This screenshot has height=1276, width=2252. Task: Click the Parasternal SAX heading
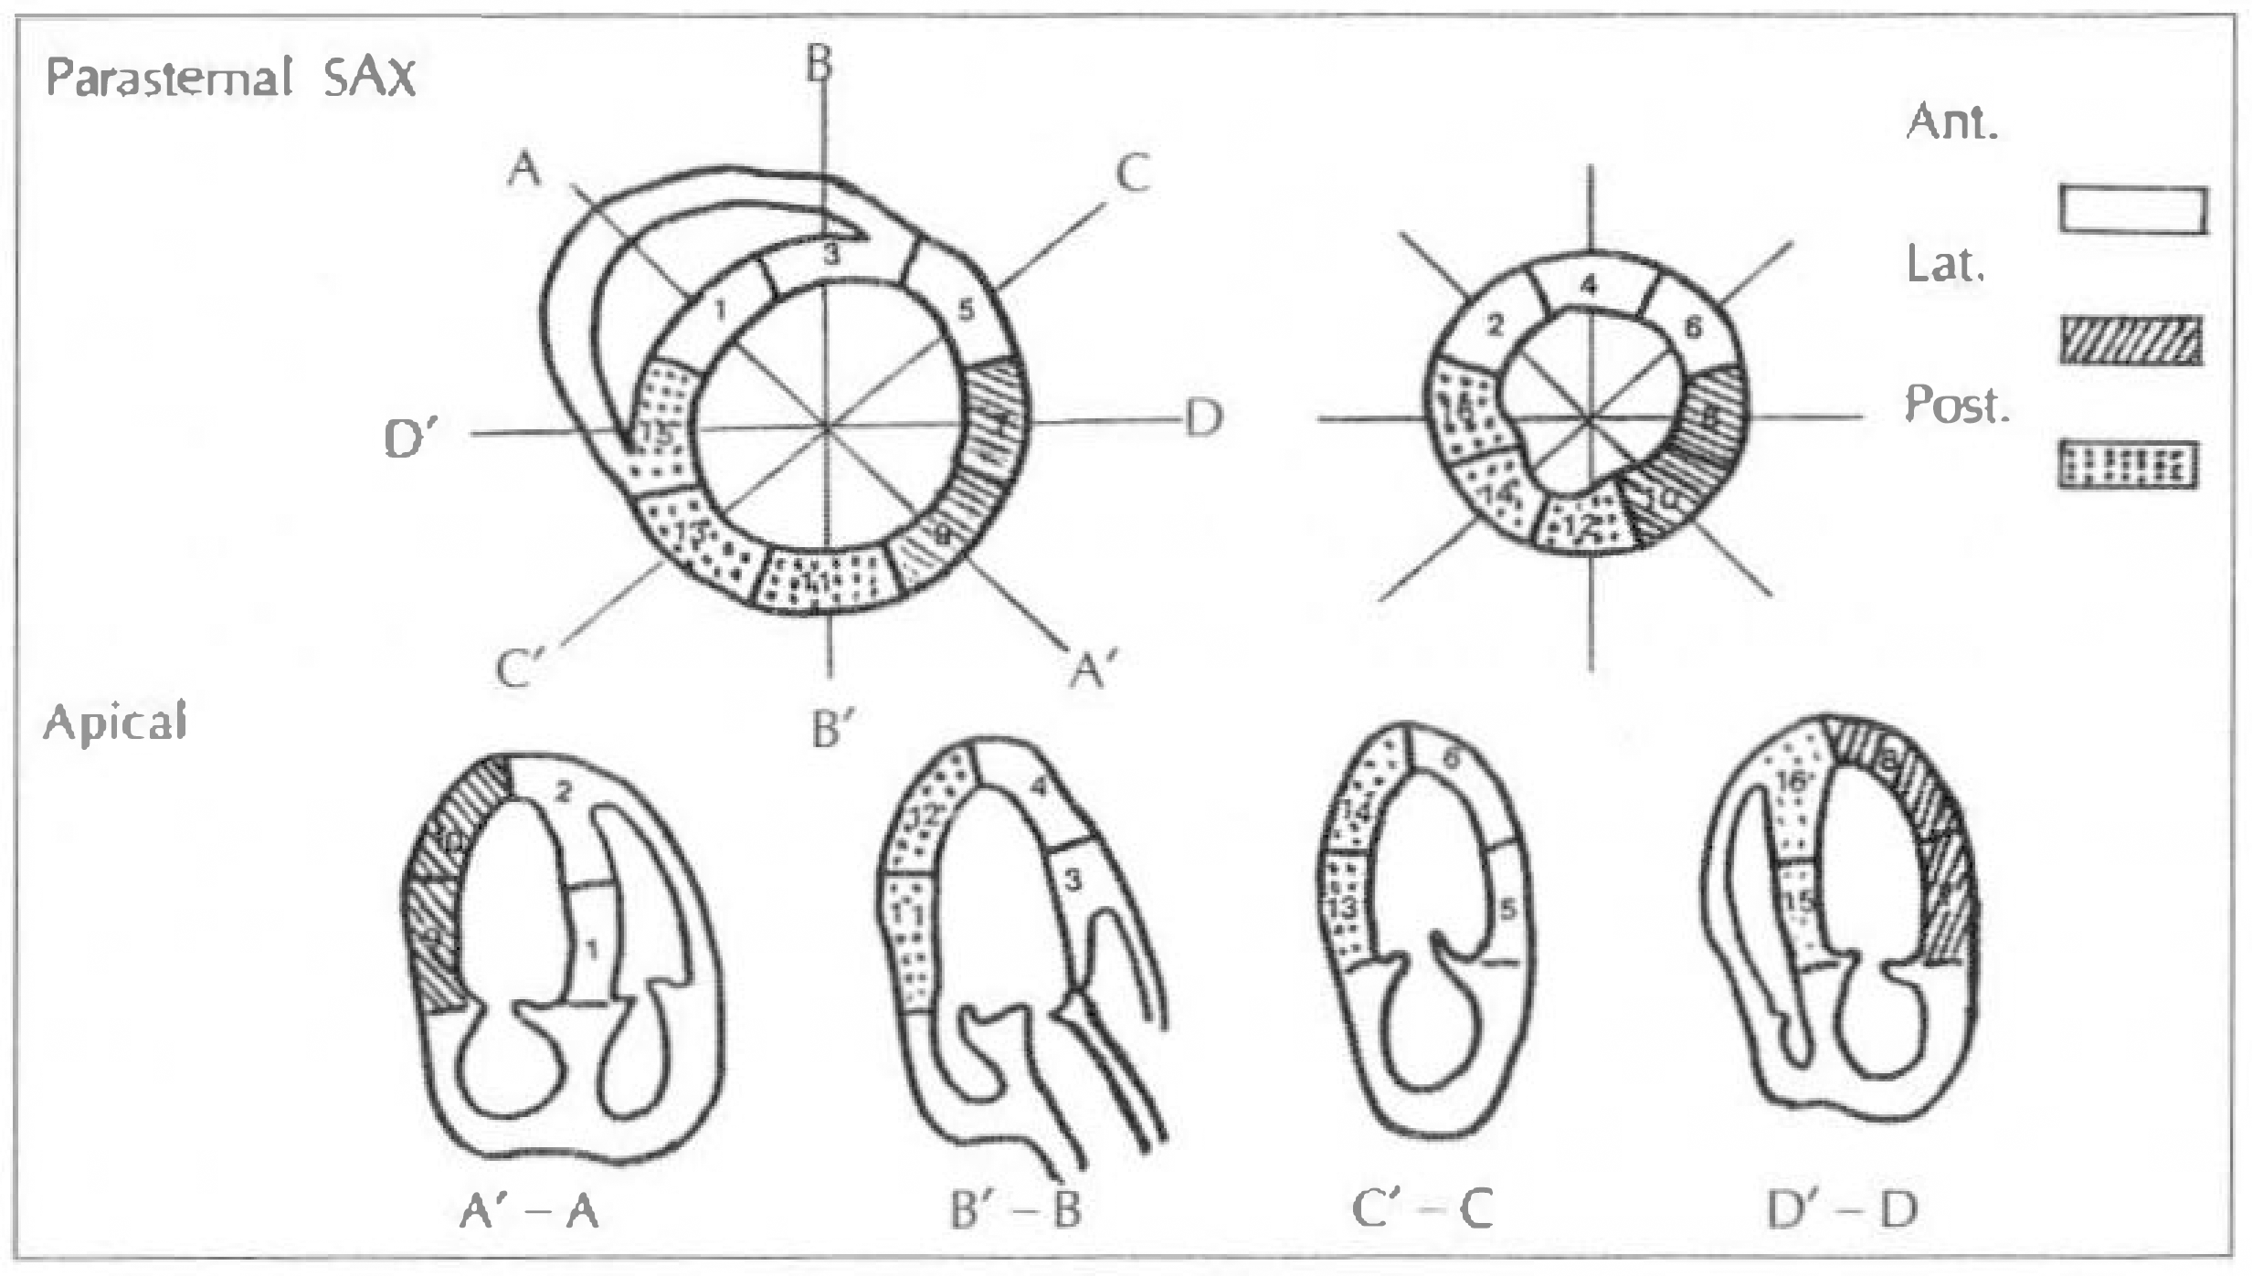click(x=230, y=77)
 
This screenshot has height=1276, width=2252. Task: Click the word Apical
click(x=115, y=723)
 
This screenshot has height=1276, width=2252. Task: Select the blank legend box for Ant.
click(x=2132, y=211)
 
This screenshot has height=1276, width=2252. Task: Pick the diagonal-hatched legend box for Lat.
click(x=2130, y=340)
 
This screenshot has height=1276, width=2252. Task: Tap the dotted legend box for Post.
click(x=2127, y=466)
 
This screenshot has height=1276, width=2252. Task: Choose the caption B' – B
click(x=1015, y=1210)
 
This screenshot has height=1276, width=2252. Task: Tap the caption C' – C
click(x=1422, y=1210)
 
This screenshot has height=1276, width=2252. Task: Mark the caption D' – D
click(x=1842, y=1210)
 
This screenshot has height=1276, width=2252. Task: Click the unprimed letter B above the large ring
click(x=819, y=64)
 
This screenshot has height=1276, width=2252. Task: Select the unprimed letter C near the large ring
click(x=1133, y=173)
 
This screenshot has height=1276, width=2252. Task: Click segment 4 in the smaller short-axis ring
click(x=1590, y=287)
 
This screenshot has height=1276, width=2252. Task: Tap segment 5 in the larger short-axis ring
click(x=966, y=311)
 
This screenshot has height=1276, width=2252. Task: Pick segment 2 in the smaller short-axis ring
click(x=1495, y=324)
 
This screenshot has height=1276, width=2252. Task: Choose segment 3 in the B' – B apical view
click(x=1073, y=880)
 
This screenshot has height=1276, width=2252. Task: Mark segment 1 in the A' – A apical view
click(x=591, y=950)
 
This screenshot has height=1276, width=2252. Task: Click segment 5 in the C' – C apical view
click(x=1507, y=909)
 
